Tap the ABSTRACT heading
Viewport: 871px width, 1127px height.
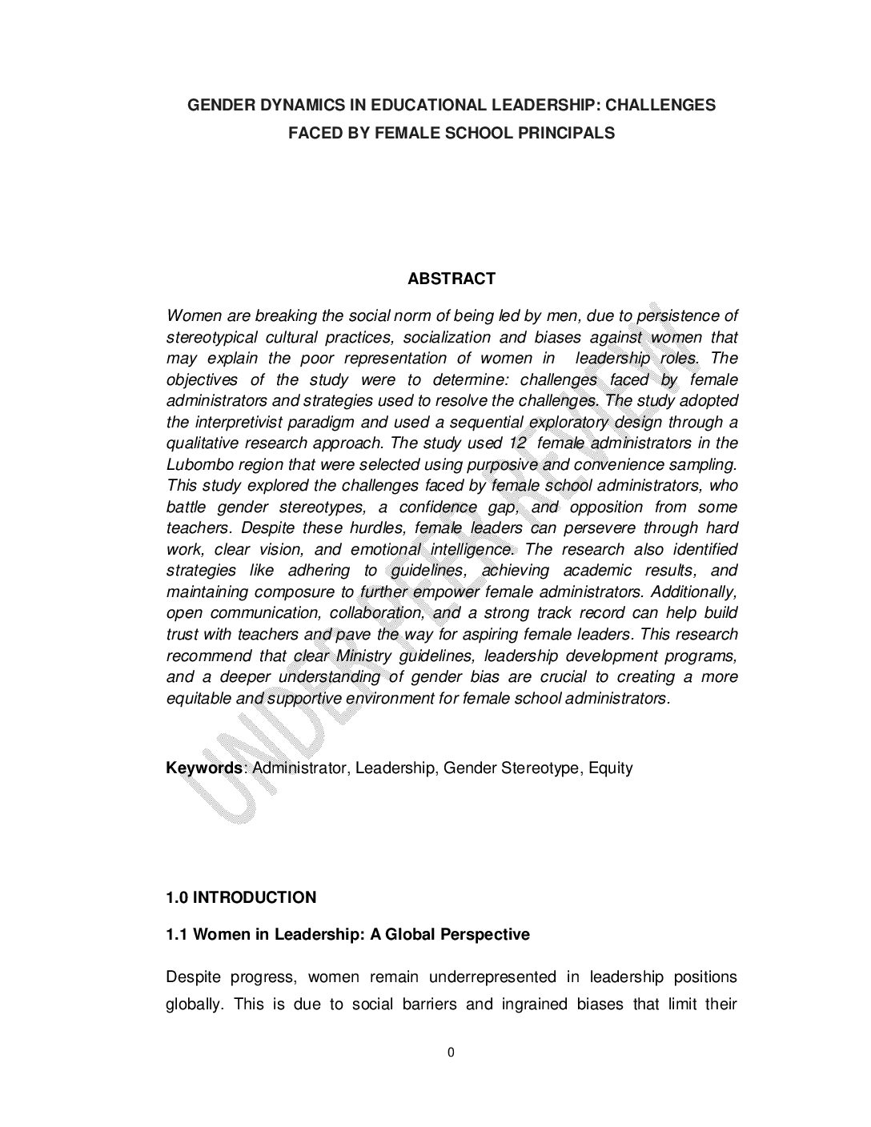point(452,279)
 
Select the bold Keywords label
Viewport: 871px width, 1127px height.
point(204,768)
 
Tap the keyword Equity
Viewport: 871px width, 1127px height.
point(611,768)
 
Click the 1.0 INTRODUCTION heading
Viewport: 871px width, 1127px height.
point(241,897)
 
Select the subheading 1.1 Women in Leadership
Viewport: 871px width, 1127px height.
point(347,934)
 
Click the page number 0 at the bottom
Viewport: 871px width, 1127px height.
point(452,1053)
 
